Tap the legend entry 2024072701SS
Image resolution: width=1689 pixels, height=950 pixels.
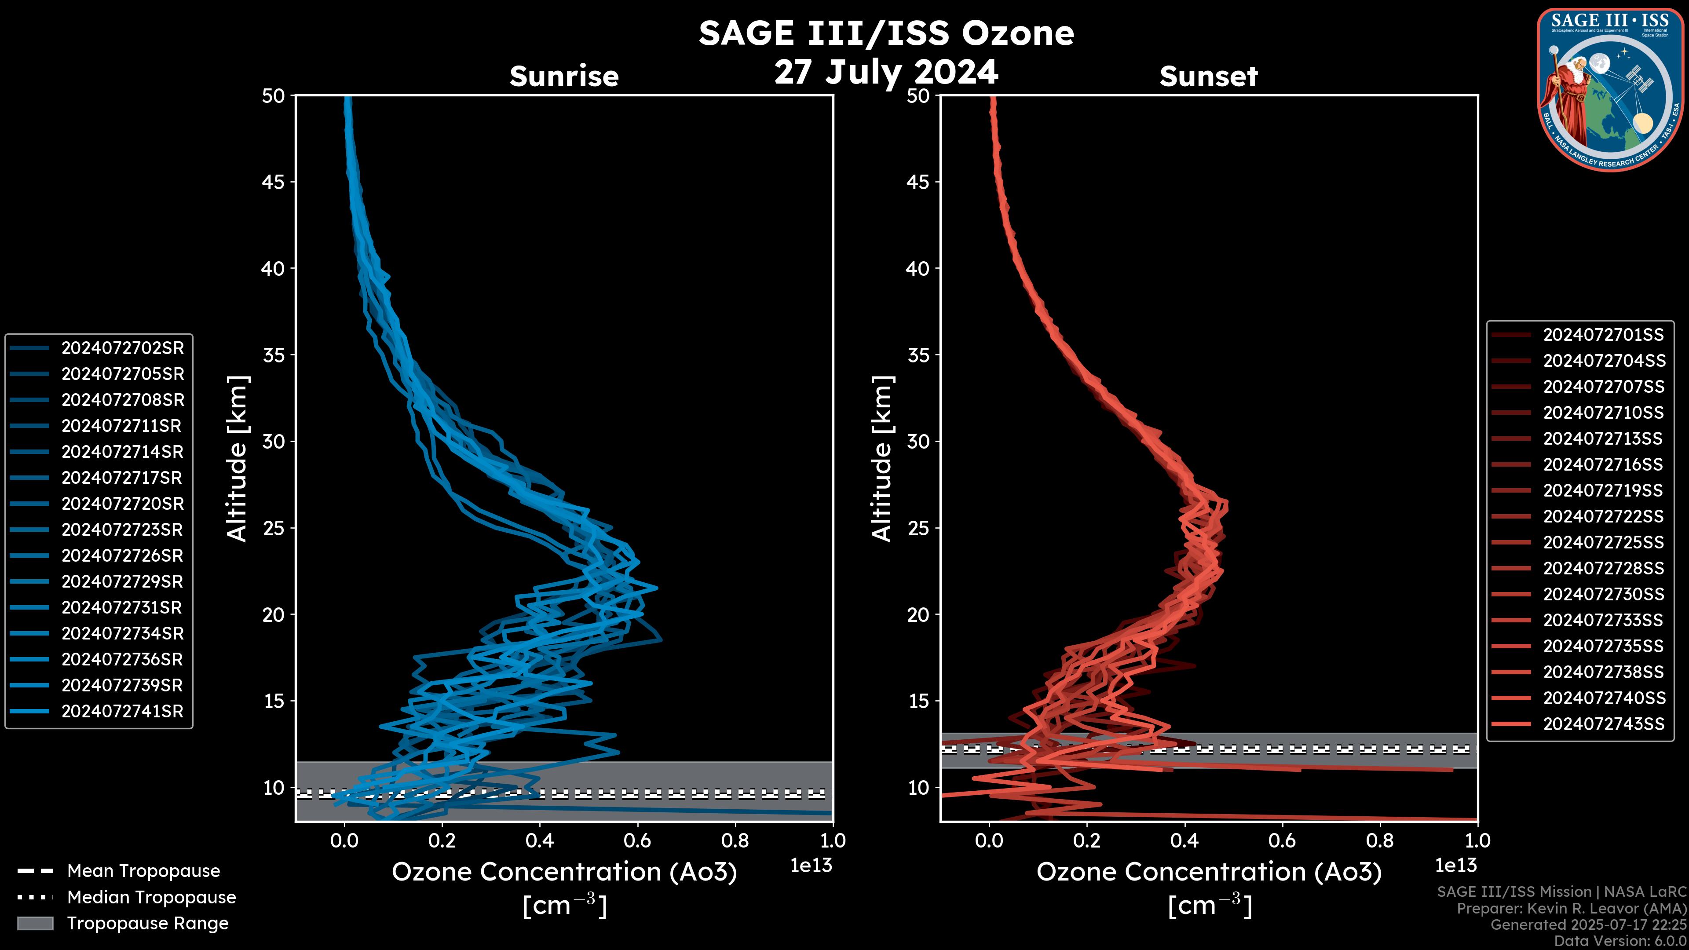[1603, 335]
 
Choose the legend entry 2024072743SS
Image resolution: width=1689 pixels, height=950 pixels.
[1603, 724]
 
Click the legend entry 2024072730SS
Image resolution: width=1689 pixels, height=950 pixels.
[1603, 594]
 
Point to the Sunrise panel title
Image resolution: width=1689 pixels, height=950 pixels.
[564, 77]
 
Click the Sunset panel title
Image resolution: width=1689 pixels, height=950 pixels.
[1208, 77]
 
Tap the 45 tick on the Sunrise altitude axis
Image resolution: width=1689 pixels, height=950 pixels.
[274, 182]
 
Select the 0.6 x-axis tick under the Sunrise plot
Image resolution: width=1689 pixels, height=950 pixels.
[636, 840]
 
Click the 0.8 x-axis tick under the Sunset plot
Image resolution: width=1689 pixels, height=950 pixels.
[1379, 840]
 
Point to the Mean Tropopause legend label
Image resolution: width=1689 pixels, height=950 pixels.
[143, 871]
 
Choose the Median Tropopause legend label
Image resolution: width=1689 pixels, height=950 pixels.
[151, 898]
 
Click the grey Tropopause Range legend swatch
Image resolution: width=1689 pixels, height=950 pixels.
[35, 923]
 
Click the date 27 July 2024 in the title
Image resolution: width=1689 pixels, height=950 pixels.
[886, 72]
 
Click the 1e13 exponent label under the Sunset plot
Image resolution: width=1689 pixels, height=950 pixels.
[1455, 866]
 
